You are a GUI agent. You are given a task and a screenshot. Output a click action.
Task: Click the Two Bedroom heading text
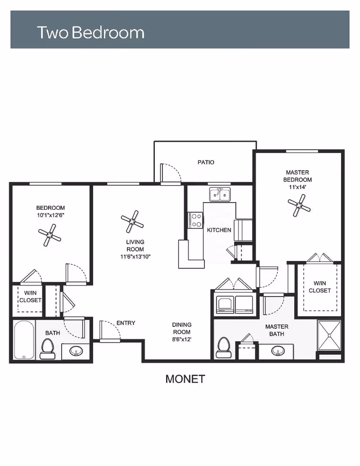(x=90, y=32)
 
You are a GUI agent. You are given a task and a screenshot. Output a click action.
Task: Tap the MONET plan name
(x=185, y=379)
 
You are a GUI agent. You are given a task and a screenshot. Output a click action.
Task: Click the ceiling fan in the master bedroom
(x=299, y=205)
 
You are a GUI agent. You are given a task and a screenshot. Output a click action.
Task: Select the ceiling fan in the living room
(x=132, y=222)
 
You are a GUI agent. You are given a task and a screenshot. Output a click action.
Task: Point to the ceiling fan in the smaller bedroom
(x=49, y=235)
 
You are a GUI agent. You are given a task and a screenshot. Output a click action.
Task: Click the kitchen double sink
(x=220, y=195)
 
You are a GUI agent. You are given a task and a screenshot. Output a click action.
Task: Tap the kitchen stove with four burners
(x=195, y=220)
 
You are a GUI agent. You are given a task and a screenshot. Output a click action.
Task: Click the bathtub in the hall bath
(x=24, y=340)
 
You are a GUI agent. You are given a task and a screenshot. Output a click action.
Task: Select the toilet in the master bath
(x=223, y=348)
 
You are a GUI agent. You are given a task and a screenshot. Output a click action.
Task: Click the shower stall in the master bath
(x=329, y=335)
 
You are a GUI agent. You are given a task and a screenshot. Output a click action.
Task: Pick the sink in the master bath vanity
(x=278, y=351)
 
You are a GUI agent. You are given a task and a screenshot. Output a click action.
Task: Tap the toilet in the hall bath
(x=48, y=349)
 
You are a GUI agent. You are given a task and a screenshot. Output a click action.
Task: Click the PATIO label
(x=206, y=162)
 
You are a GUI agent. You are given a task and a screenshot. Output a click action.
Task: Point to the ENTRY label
(x=126, y=323)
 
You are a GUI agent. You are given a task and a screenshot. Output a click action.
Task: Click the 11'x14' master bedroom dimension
(x=297, y=187)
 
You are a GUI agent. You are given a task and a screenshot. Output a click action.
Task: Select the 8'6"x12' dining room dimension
(x=182, y=339)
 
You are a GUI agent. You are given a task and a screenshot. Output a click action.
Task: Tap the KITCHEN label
(x=219, y=230)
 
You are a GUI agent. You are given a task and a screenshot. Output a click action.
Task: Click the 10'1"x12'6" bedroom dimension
(x=51, y=215)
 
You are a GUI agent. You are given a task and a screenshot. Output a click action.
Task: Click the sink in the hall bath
(x=76, y=352)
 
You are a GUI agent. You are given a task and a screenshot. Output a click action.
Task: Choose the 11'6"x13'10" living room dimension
(x=135, y=257)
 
